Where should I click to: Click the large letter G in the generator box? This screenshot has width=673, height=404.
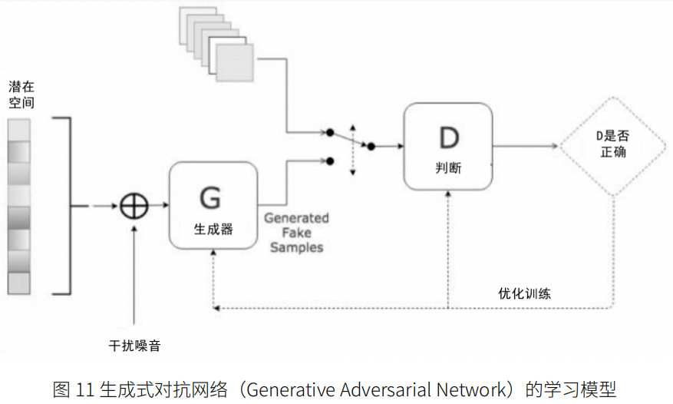[209, 197]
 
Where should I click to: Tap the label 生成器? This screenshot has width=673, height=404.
[213, 228]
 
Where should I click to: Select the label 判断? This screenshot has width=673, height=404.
[447, 167]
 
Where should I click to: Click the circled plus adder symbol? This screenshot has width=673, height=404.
[134, 205]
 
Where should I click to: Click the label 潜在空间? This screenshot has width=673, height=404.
[21, 94]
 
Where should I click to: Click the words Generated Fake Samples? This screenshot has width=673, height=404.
[296, 233]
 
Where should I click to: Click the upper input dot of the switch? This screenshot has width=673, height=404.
[329, 132]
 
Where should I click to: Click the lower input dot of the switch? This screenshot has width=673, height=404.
[329, 161]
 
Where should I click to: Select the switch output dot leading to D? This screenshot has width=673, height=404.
[371, 145]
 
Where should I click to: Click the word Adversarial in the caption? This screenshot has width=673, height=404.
[385, 389]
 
